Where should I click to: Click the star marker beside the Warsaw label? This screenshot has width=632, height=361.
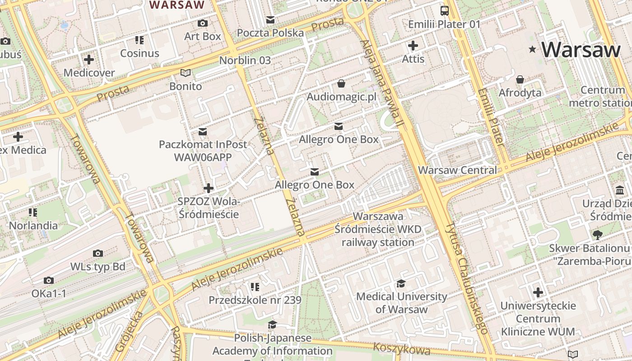[x=533, y=49]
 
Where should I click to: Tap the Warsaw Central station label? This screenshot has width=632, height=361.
[x=457, y=170]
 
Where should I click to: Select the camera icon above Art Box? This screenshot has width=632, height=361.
[x=203, y=23]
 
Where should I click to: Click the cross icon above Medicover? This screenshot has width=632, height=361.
[x=89, y=59]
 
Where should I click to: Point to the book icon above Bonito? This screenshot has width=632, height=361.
[x=186, y=73]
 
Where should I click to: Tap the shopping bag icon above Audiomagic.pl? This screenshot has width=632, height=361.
[x=341, y=83]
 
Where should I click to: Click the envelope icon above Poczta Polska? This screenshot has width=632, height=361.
[x=270, y=19]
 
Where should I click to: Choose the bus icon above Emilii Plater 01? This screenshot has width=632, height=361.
[x=445, y=10]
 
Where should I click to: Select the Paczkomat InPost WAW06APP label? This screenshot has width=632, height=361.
[x=203, y=151]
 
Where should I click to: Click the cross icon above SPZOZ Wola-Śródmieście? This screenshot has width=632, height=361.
[x=209, y=188]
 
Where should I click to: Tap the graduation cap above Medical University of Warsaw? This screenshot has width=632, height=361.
[x=401, y=283]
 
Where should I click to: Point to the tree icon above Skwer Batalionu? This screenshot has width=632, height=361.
[x=598, y=235]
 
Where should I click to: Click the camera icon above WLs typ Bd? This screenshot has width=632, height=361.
[x=98, y=253]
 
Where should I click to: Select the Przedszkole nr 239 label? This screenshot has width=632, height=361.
[x=255, y=300]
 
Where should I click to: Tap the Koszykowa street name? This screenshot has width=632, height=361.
[x=402, y=348]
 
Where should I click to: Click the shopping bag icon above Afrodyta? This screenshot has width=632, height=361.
[x=520, y=79]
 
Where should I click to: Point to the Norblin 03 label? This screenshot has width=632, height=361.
[x=245, y=60]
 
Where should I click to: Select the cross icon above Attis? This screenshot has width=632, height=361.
[x=413, y=46]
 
